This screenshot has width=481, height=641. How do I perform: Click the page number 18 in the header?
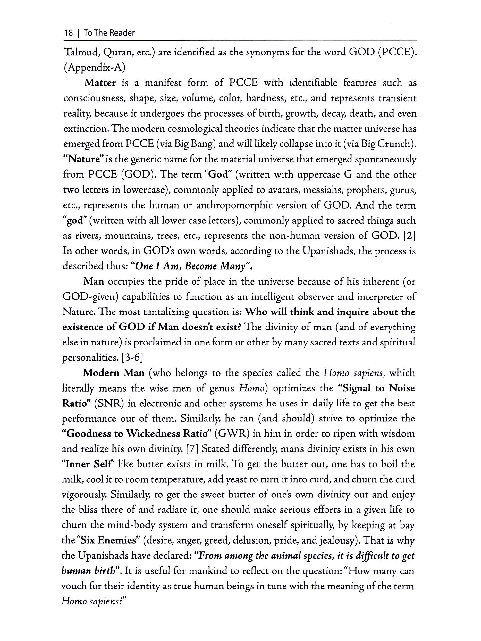pyautogui.click(x=68, y=33)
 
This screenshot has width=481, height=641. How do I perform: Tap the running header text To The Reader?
pyautogui.click(x=109, y=33)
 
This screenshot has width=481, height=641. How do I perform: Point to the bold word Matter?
pyautogui.click(x=100, y=83)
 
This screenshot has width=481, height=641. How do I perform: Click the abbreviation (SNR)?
pyautogui.click(x=108, y=404)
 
